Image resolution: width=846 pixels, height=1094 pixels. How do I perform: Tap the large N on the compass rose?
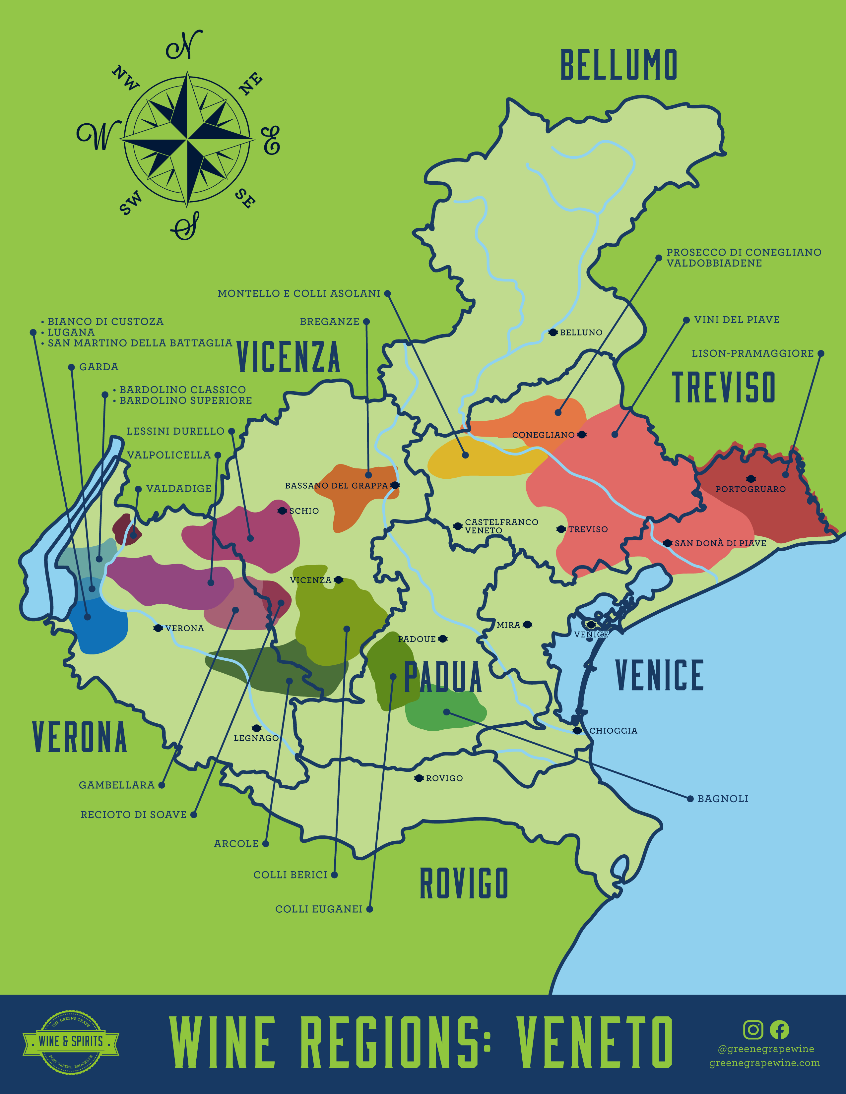coord(184,46)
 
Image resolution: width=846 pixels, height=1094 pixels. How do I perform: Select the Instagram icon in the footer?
coord(753,1030)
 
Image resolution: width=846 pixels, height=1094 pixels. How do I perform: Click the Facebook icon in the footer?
coord(779,1030)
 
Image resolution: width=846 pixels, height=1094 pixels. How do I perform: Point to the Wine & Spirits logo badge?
coord(71,1041)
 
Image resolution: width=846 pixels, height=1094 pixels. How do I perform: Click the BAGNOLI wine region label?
coord(722,799)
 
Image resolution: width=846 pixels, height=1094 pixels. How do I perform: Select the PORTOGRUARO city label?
coord(750,489)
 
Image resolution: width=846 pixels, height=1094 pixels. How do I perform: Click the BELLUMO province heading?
coord(618,65)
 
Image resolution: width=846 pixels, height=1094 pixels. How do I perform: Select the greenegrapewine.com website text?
coord(764,1063)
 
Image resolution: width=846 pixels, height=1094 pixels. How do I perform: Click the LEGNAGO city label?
coord(256,738)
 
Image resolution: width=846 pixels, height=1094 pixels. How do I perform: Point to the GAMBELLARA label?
coord(116,785)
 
